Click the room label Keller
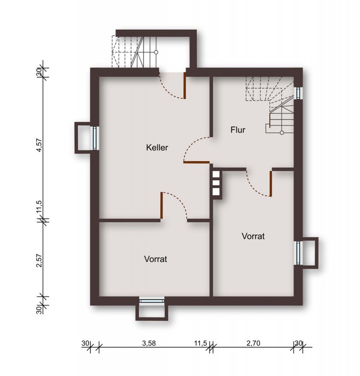click(x=157, y=148)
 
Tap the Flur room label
click(x=238, y=130)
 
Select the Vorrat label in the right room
click(x=253, y=236)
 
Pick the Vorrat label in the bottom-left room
click(x=156, y=259)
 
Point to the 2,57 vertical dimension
click(x=39, y=259)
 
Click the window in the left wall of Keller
click(x=95, y=138)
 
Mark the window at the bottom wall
click(x=152, y=301)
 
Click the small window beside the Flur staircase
click(x=299, y=93)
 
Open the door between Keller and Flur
click(x=196, y=150)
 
